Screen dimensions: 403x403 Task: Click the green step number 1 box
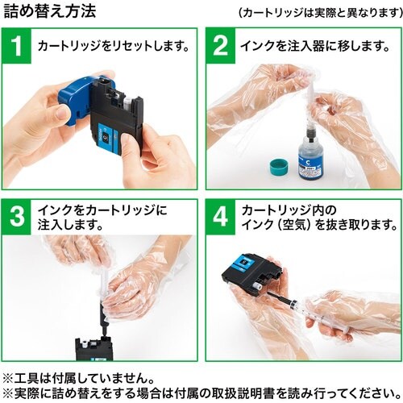pos(17,46)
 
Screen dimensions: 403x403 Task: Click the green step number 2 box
pos(221,46)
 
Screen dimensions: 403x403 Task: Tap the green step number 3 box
pos(17,217)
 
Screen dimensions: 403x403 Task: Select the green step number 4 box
pos(221,217)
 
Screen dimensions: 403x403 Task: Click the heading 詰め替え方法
pos(50,12)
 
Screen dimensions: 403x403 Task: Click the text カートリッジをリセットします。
pos(114,46)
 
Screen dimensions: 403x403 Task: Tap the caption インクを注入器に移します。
pos(315,46)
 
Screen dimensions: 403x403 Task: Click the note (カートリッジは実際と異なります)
pos(320,12)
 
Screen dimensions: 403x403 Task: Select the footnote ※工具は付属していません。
pos(78,378)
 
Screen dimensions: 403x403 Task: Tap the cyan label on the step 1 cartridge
pos(107,135)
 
